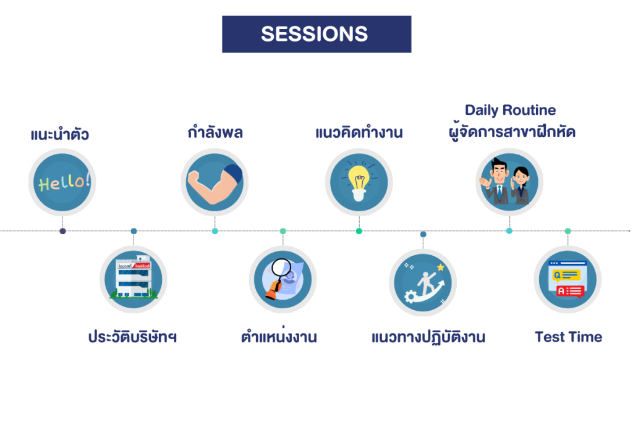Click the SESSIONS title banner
[316, 35]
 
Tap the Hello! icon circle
[62, 182]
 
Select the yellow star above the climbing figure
[440, 267]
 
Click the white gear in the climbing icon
[410, 297]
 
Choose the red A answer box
[570, 291]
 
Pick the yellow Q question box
[566, 275]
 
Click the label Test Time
[569, 337]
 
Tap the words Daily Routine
[510, 110]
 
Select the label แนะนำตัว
[60, 134]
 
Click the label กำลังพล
[215, 132]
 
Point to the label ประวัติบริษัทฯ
[132, 337]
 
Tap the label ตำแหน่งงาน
[279, 335]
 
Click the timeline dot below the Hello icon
[62, 231]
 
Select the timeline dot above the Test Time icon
[567, 231]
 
